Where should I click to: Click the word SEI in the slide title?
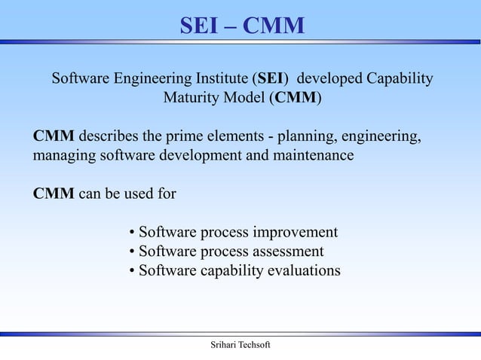pyautogui.click(x=199, y=26)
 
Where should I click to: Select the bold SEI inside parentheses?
pyautogui.click(x=272, y=79)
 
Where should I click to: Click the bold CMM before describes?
pyautogui.click(x=54, y=138)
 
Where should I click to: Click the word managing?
pyautogui.click(x=63, y=157)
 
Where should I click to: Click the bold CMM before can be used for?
pyautogui.click(x=54, y=194)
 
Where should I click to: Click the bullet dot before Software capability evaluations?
pyautogui.click(x=132, y=270)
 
